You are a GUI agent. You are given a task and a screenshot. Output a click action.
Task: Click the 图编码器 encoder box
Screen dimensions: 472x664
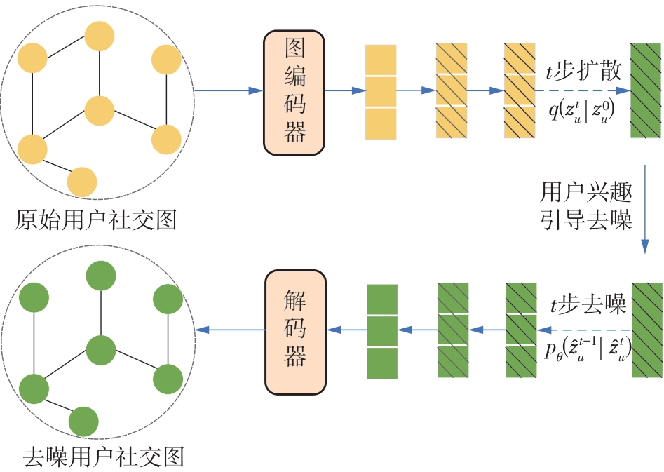(x=295, y=92)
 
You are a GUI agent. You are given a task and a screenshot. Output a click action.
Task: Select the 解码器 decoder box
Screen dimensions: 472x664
(x=296, y=332)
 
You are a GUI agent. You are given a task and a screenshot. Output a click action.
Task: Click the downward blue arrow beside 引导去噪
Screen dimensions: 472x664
(x=644, y=210)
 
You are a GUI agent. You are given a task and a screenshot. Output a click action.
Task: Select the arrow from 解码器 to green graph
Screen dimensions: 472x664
(x=230, y=330)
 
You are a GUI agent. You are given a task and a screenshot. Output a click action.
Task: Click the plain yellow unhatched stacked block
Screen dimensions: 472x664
(x=381, y=92)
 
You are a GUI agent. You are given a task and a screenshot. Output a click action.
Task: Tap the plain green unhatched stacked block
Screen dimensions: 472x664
(x=382, y=330)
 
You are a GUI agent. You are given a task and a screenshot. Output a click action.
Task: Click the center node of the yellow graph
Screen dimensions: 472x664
(x=99, y=110)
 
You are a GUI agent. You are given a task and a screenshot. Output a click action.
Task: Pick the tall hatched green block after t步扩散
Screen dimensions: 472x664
(x=646, y=91)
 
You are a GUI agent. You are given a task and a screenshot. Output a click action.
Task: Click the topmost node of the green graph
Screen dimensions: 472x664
(x=100, y=276)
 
